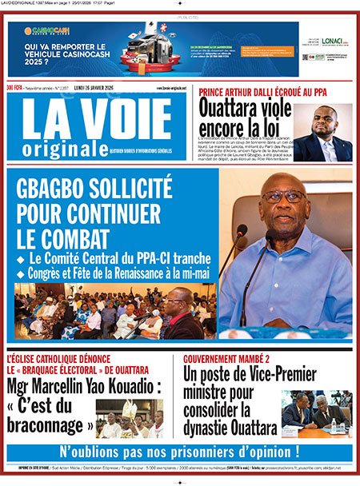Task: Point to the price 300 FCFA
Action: (14, 88)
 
